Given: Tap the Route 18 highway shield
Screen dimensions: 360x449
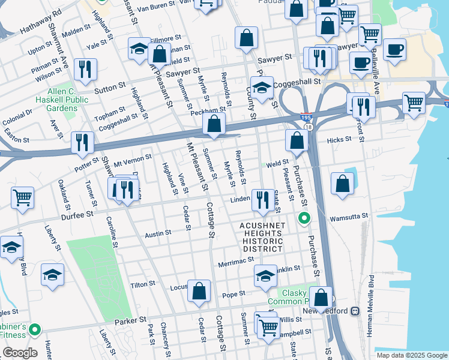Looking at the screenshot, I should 309,128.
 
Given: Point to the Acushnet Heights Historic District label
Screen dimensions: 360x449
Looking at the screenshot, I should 262,236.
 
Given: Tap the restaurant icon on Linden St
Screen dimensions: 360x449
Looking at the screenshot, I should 261,199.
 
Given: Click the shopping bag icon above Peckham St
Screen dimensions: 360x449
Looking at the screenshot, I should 213,125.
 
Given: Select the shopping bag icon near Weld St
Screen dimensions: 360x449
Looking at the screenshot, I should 297,141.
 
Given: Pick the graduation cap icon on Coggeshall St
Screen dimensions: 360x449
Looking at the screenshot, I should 262,88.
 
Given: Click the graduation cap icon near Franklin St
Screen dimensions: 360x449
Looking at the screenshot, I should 265,276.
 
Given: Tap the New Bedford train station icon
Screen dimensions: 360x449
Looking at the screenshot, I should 355,311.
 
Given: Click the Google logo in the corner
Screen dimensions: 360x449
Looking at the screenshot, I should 20,353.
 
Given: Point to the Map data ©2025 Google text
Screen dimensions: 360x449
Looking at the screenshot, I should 411,355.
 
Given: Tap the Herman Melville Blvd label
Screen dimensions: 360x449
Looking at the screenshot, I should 372,298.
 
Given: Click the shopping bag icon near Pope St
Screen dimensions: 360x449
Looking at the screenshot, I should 199,292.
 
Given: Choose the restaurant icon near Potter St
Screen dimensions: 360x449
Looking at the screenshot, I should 82,143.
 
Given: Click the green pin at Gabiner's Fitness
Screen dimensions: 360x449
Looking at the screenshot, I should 35,329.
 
